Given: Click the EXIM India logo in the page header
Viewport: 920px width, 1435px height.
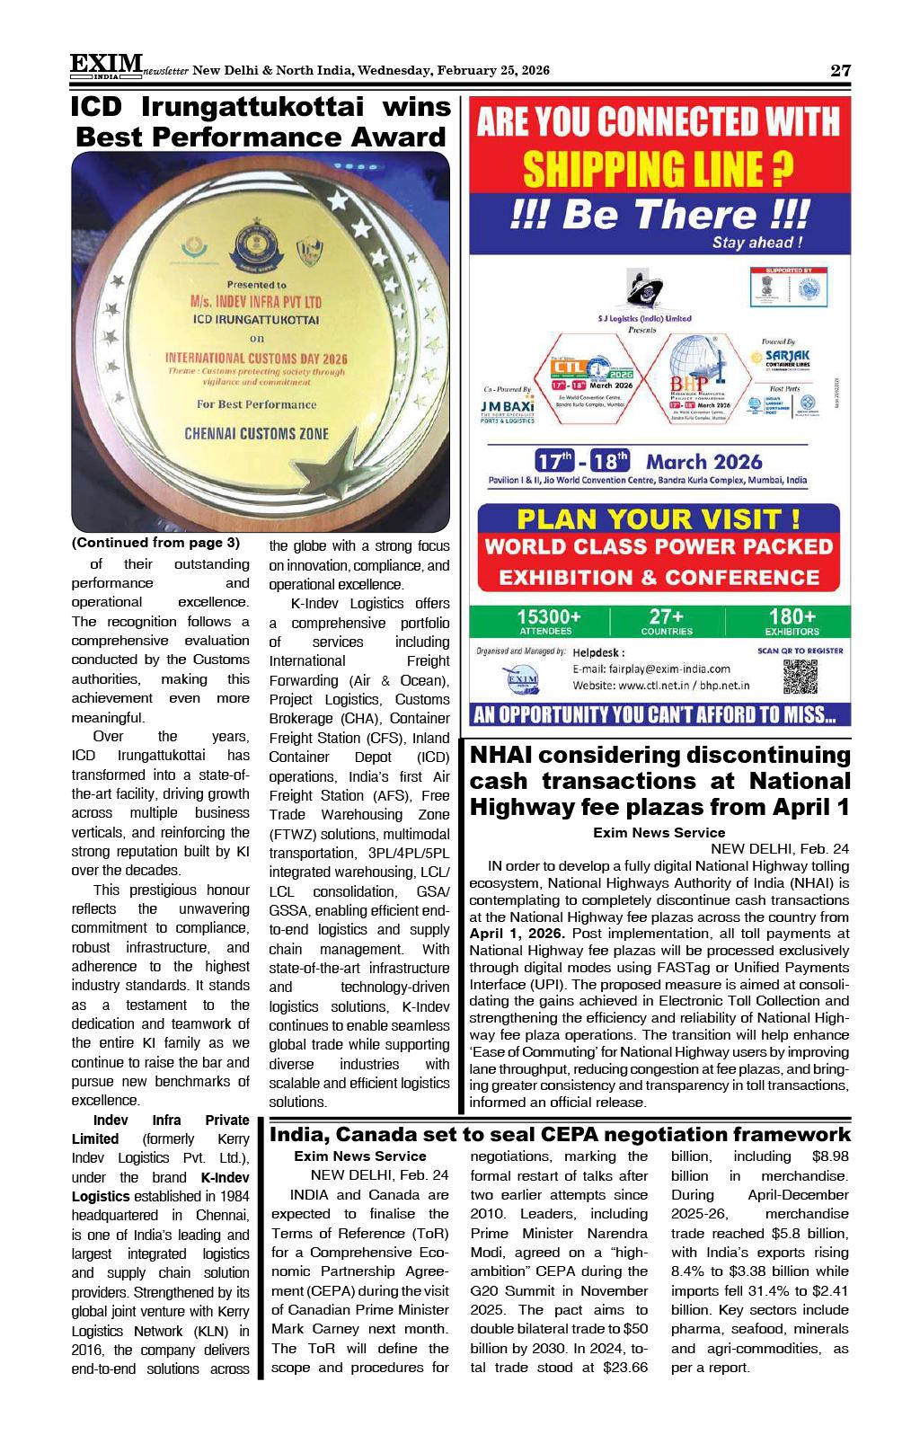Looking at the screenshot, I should [106, 66].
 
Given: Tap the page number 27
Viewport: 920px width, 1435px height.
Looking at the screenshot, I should [839, 71].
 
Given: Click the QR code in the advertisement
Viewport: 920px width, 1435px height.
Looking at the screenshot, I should [800, 677].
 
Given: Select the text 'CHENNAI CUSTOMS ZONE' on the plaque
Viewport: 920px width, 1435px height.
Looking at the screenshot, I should [256, 433].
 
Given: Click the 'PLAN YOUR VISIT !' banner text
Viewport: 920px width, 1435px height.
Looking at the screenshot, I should [659, 518].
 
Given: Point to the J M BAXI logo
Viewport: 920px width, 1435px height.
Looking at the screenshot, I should [509, 407].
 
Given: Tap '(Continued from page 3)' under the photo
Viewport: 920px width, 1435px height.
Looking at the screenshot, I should [155, 543].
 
